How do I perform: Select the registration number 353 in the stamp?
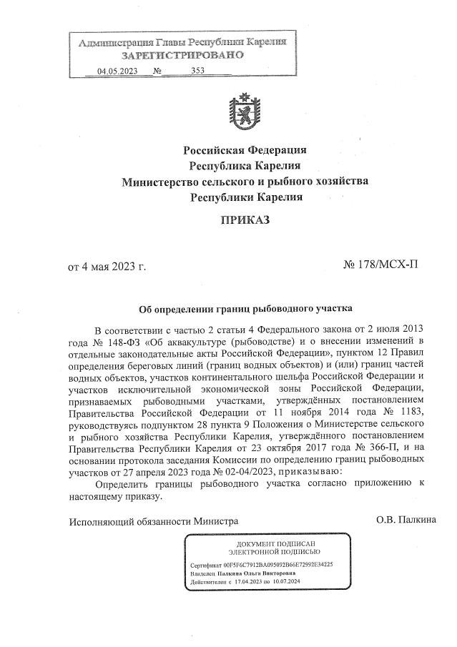pyautogui.click(x=198, y=71)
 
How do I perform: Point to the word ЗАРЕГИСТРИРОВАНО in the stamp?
pyautogui.click(x=182, y=55)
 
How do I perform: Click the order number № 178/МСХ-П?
pyautogui.click(x=380, y=265)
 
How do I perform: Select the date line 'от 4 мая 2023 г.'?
pyautogui.click(x=107, y=267)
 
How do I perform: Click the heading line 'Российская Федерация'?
pyautogui.click(x=245, y=150)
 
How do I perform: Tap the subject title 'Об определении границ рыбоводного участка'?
pyautogui.click(x=245, y=310)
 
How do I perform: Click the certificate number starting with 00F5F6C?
pyautogui.click(x=284, y=565)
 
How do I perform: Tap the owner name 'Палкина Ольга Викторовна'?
pyautogui.click(x=252, y=574)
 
